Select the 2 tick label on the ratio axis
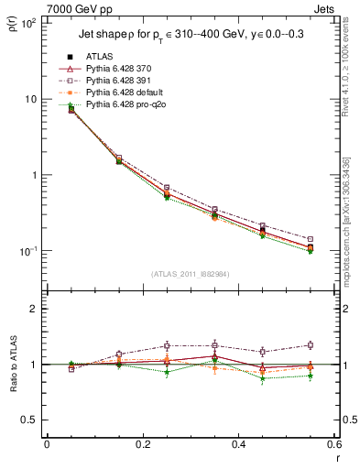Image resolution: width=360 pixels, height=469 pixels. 33,309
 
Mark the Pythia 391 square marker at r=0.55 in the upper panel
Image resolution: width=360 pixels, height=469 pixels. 311,239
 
